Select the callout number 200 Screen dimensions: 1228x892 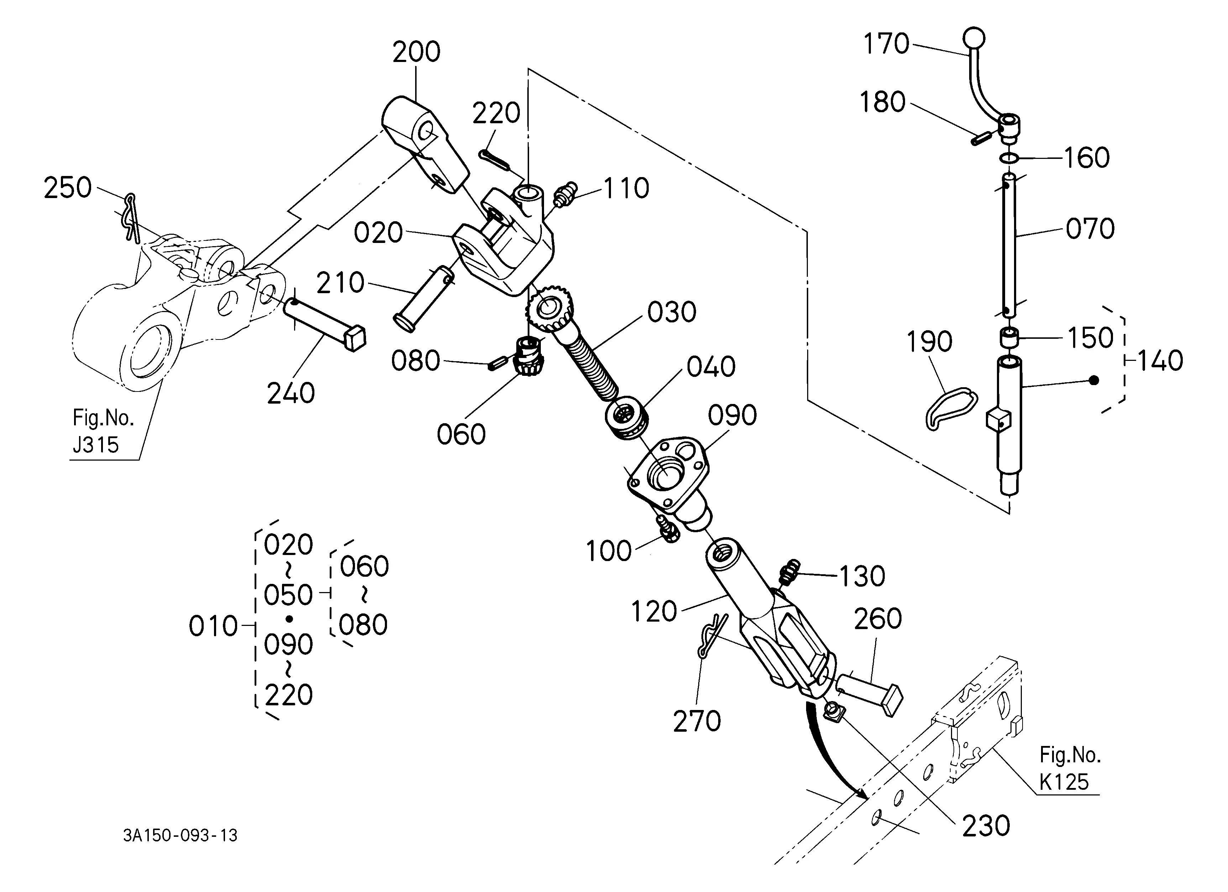pyautogui.click(x=416, y=52)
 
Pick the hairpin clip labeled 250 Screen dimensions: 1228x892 pyautogui.click(x=130, y=216)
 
